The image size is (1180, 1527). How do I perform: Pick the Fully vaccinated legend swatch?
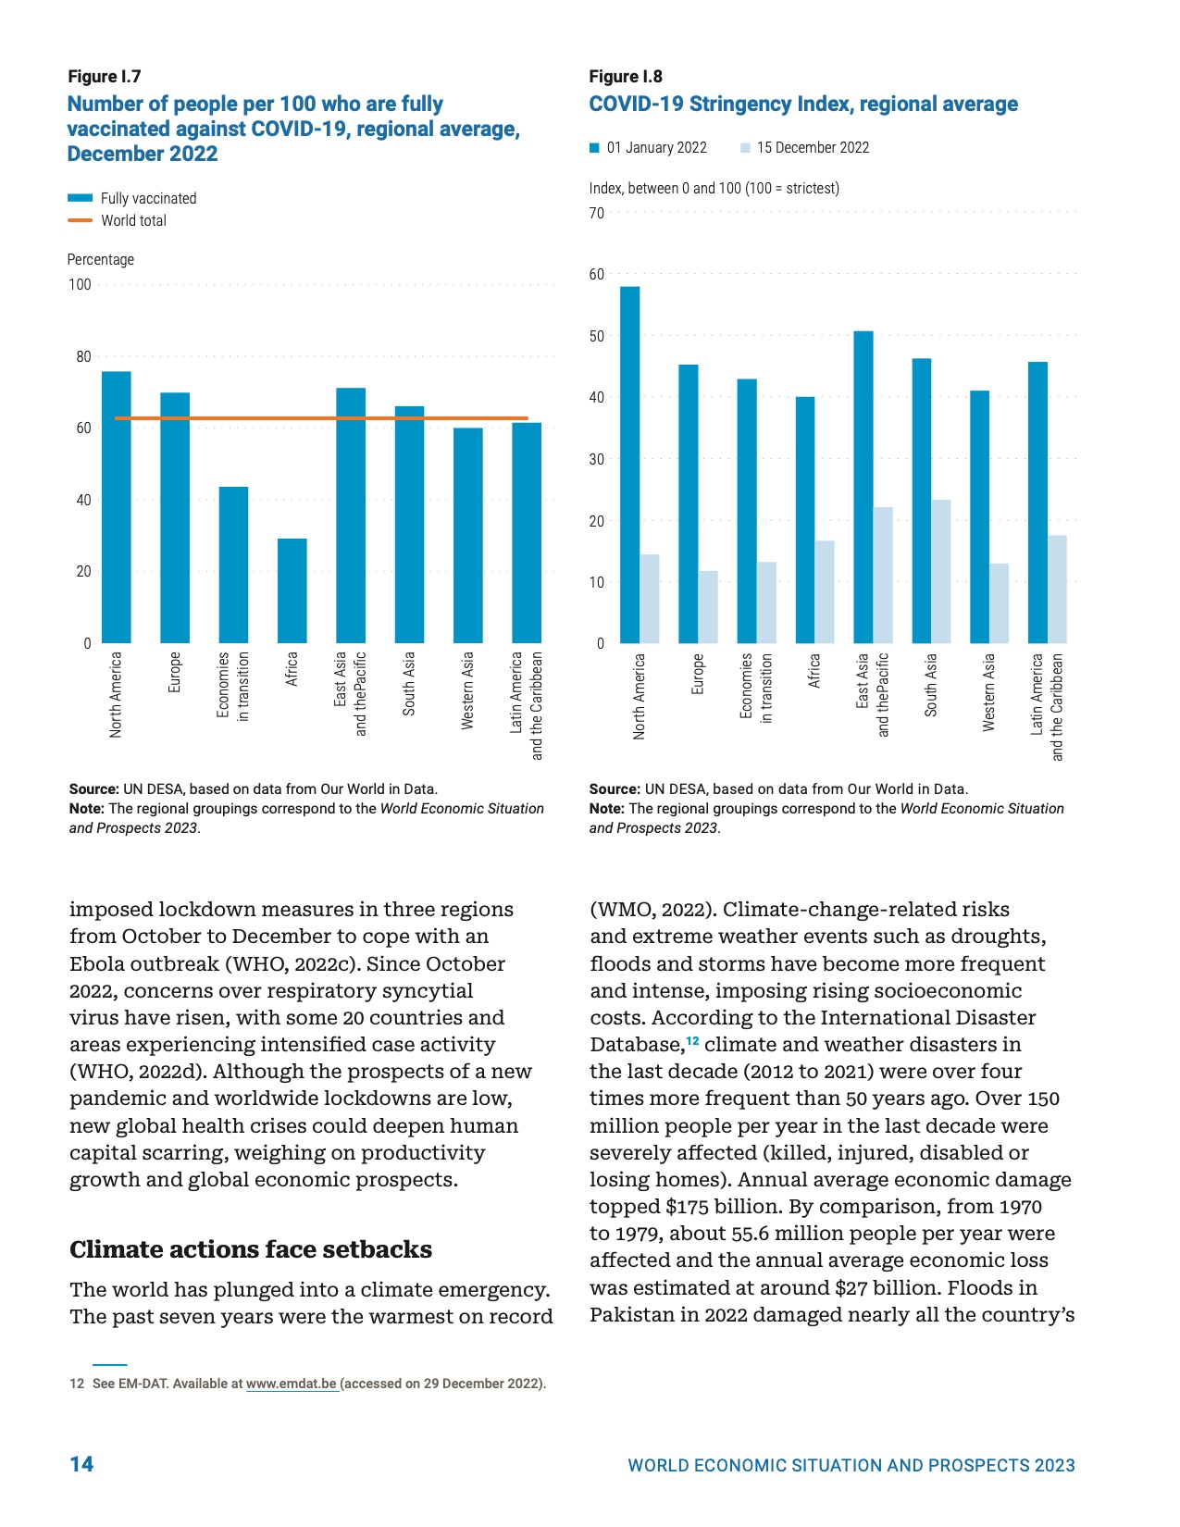(80, 198)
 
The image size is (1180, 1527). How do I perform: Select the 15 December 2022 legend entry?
(804, 148)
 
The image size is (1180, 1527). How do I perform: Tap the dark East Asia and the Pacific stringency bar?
(863, 487)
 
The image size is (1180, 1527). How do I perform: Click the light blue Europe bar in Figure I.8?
(707, 606)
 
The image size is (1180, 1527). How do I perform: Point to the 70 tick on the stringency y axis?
(596, 213)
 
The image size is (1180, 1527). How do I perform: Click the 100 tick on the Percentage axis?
(81, 284)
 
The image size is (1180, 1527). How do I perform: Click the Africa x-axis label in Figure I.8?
(814, 671)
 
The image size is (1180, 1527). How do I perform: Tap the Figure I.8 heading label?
(626, 77)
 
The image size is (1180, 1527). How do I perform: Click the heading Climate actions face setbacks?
(251, 1249)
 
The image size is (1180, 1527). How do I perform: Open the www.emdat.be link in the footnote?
(291, 1384)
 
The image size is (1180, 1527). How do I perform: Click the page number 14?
(81, 1463)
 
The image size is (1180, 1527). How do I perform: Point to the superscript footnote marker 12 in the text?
(692, 1041)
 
